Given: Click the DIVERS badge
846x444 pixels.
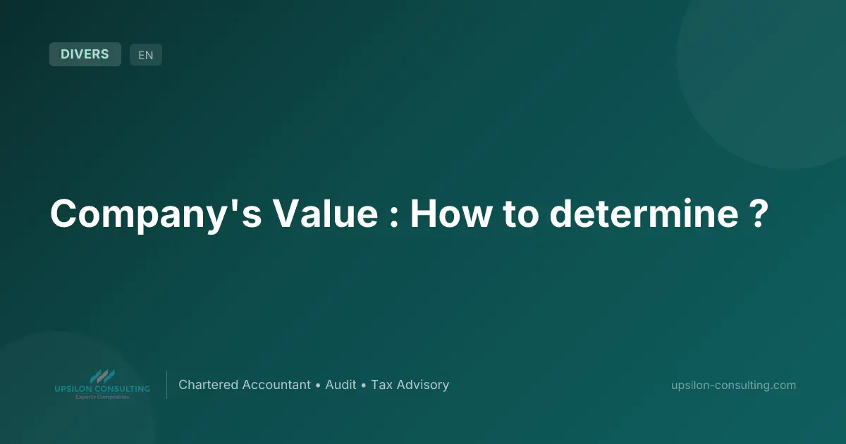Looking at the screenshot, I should (85, 54).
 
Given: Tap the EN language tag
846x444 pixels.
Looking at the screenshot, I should (145, 55).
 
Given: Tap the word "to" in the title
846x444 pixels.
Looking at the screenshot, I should (521, 214).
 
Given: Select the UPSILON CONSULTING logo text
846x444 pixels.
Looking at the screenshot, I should (102, 389).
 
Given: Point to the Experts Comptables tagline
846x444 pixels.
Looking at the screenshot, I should (102, 397).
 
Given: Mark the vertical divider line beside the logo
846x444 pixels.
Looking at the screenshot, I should (166, 385).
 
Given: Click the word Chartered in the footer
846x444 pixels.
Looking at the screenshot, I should (208, 385).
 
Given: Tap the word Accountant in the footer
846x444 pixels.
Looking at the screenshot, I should (276, 385).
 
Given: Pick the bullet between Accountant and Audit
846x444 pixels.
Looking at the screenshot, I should (318, 386).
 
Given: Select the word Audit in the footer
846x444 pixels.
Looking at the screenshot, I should (341, 385).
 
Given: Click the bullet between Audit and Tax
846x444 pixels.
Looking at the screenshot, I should (364, 386).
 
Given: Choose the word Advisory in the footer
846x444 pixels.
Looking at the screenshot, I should (422, 385).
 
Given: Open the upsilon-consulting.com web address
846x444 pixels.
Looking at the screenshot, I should (734, 385).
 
